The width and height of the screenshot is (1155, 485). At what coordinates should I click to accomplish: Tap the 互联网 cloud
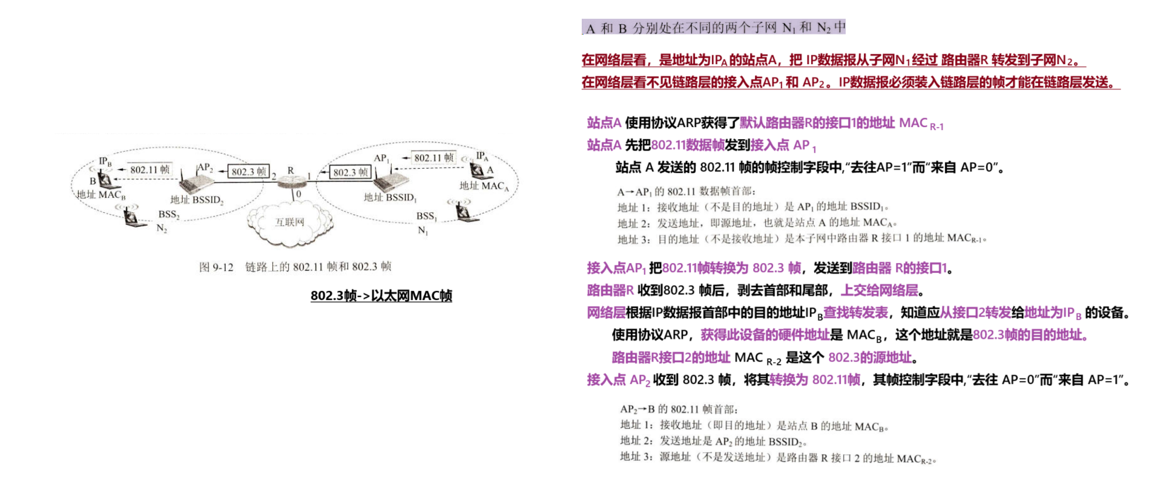(289, 223)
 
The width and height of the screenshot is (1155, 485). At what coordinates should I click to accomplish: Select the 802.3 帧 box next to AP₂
(248, 172)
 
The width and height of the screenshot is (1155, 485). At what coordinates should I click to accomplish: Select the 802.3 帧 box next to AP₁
(350, 172)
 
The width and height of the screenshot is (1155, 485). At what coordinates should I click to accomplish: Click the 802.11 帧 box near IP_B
(150, 170)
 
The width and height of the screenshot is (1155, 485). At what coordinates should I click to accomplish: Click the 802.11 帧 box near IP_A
(433, 158)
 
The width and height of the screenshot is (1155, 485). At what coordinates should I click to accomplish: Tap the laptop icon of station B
(105, 180)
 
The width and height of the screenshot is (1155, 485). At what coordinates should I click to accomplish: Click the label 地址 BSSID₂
(197, 200)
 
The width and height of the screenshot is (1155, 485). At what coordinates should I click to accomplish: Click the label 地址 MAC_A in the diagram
(484, 186)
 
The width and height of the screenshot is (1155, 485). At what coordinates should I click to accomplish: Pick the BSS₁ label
(426, 216)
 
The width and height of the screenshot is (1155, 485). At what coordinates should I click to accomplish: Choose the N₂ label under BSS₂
(162, 228)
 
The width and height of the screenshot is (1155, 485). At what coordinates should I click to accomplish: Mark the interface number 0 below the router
(298, 194)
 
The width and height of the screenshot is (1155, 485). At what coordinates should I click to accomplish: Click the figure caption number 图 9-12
(216, 267)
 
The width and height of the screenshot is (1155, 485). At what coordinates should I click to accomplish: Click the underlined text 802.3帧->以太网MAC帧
(381, 296)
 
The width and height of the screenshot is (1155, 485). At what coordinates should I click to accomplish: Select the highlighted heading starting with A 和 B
(714, 27)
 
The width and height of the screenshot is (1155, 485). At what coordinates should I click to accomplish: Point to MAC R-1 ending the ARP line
(921, 123)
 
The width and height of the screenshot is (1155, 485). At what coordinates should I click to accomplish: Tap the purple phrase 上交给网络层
(879, 290)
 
